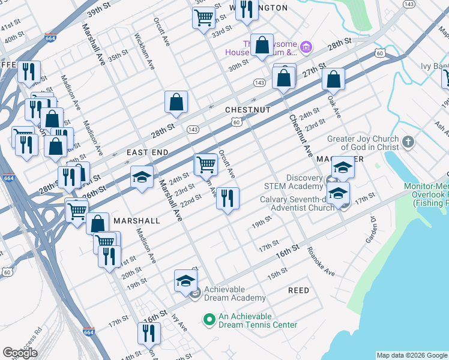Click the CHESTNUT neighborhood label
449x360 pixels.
(247, 110)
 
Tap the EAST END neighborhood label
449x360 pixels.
(148, 153)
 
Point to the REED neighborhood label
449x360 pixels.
(298, 290)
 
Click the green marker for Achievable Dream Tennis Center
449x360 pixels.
(209, 320)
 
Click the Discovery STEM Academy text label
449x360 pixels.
(296, 182)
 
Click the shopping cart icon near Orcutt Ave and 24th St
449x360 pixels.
(206, 163)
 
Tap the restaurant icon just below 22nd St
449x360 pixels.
(228, 198)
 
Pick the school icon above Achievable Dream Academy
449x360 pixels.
(185, 280)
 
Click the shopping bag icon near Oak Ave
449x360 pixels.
(333, 79)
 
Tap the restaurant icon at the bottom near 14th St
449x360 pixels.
(149, 333)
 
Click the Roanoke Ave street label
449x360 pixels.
(320, 260)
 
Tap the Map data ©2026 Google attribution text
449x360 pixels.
(411, 355)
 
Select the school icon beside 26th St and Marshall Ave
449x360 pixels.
(142, 176)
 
